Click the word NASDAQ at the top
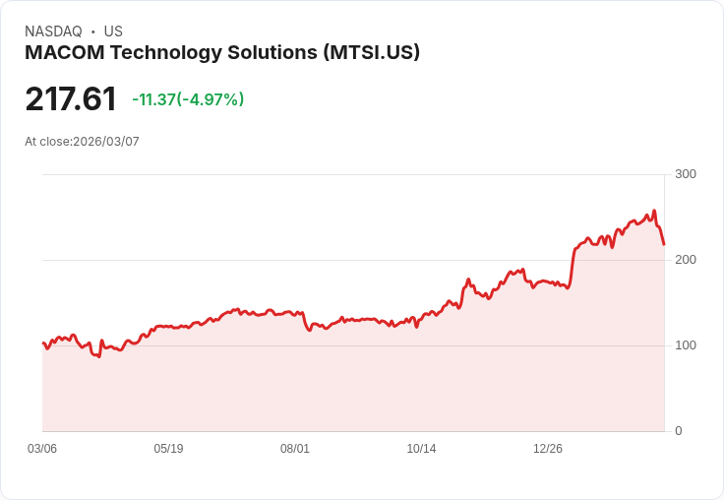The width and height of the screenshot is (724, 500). (53, 31)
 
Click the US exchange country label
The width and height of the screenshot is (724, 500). (113, 31)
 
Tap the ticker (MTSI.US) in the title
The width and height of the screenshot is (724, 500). (372, 53)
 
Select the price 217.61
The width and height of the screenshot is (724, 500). (71, 99)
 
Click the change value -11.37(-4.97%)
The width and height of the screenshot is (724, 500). (188, 99)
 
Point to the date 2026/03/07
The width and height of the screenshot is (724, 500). (106, 142)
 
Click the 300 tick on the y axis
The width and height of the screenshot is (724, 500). (686, 174)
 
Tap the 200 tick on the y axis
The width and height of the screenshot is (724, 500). (686, 260)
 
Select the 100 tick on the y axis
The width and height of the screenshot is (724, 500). (686, 345)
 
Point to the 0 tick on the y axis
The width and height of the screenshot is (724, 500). (679, 431)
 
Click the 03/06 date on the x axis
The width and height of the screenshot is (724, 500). (42, 449)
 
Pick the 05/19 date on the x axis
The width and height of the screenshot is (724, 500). (168, 449)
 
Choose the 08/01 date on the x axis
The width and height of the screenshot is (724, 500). (295, 449)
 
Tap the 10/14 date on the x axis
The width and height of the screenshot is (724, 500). (421, 449)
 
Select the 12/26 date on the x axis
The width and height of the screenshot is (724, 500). (548, 449)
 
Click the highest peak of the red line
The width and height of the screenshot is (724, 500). (654, 211)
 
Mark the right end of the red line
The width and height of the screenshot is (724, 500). (664, 244)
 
